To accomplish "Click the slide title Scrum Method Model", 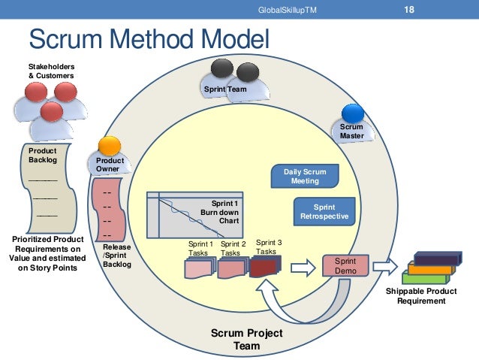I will [148, 40].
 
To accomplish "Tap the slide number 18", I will [409, 10].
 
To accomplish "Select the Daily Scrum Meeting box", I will [305, 177].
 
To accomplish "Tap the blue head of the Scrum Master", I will [352, 113].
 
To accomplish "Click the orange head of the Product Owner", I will [110, 146].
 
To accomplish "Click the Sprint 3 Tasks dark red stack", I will [264, 266].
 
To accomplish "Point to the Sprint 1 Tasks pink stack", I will [200, 268].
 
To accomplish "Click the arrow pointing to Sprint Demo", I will [303, 266].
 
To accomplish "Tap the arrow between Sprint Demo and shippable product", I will [384, 265].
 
